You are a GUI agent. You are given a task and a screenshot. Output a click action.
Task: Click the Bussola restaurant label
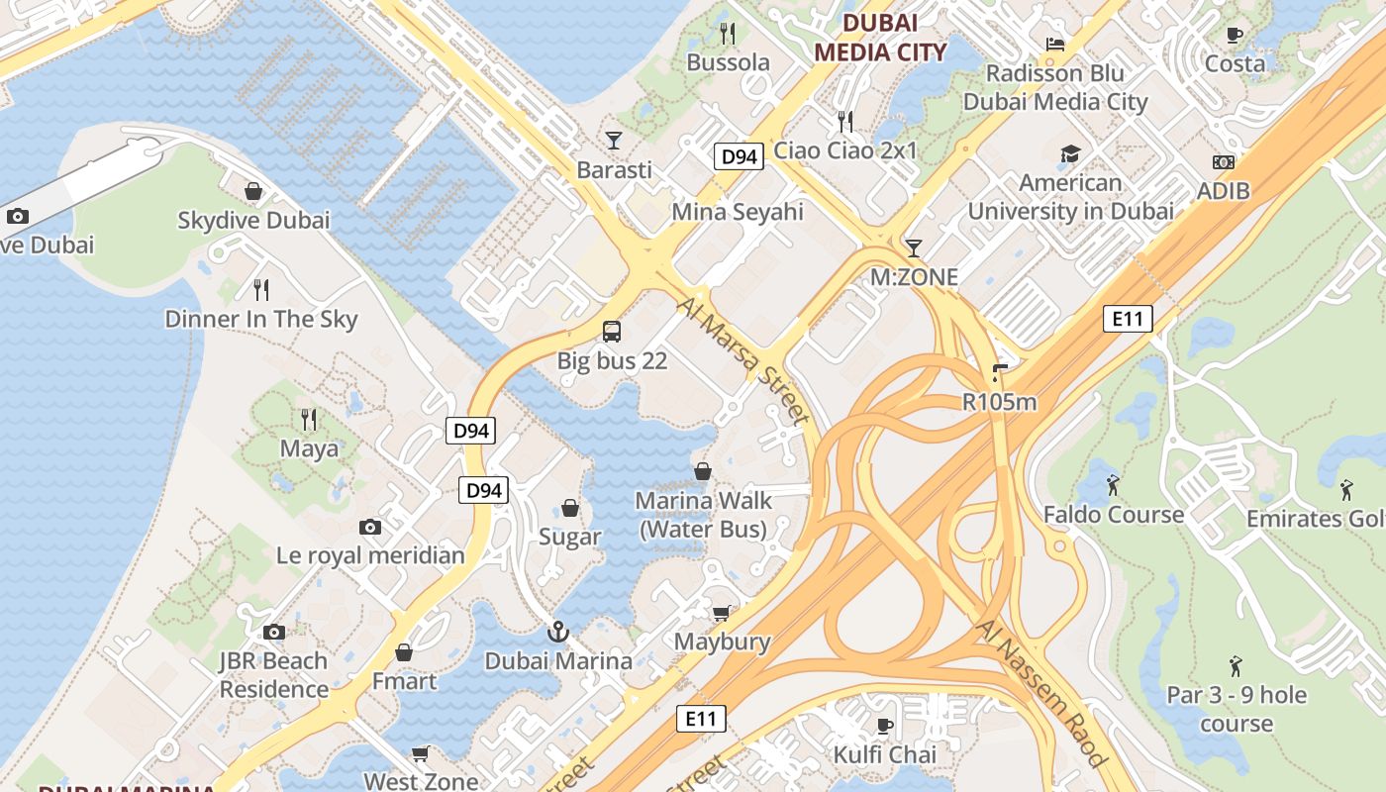pos(728,62)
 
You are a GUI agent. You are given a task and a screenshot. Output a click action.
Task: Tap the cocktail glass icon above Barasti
pos(614,141)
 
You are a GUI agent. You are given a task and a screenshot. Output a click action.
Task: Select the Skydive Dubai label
pos(253,220)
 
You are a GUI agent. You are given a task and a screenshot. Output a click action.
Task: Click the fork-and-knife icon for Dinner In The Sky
pos(261,289)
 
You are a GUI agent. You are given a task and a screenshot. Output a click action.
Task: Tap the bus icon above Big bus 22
pos(612,332)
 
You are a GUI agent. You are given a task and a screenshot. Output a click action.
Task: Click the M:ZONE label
pos(914,277)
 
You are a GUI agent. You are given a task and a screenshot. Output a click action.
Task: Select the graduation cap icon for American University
pos(1070,153)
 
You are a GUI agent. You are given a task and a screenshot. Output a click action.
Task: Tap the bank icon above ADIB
pos(1224,162)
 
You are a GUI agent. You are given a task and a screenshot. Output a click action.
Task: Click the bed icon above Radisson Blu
pos(1055,45)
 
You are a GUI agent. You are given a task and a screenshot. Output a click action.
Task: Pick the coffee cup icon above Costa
pos(1235,36)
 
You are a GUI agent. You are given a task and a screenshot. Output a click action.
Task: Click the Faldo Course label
pos(1114,515)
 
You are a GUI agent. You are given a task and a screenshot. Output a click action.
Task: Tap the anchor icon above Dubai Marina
pos(558,632)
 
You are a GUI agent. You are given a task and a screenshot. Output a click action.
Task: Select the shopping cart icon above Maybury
pos(722,613)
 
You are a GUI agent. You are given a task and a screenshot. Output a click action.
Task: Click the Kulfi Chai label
pos(885,754)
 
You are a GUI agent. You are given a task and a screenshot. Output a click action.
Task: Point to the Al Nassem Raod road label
pos(1039,693)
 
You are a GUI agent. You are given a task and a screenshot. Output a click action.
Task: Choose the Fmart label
pos(404,681)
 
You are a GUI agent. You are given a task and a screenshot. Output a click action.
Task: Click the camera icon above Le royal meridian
pos(370,527)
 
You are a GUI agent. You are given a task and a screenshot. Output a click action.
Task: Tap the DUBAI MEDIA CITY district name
pos(879,38)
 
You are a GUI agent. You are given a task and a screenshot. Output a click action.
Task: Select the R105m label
pos(999,401)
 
